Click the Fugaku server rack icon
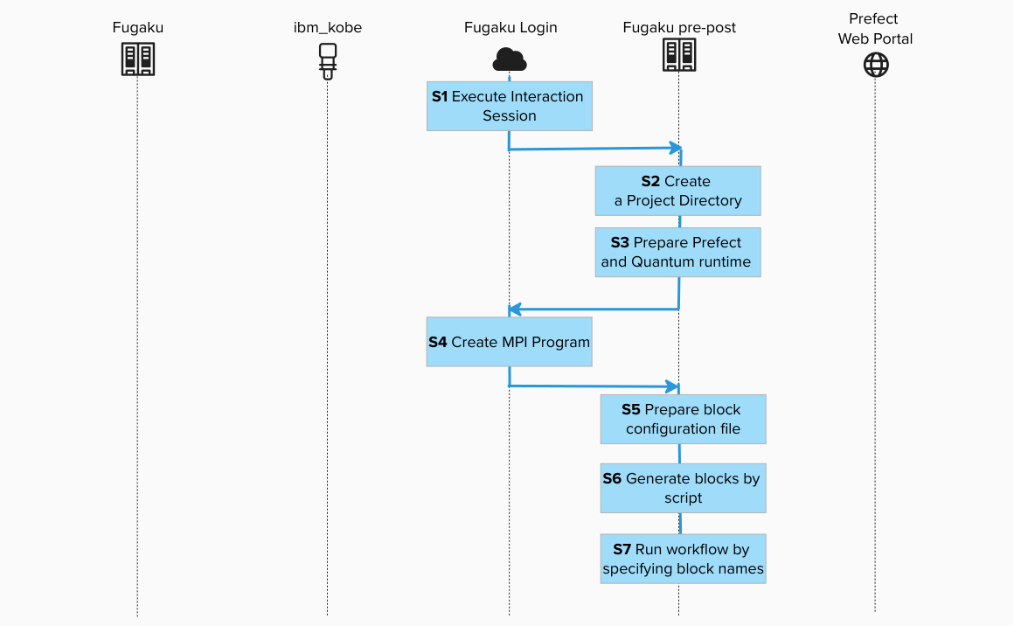click(137, 59)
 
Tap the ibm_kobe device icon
click(328, 60)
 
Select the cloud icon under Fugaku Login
click(510, 59)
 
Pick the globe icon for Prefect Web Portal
click(876, 65)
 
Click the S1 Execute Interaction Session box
click(510, 106)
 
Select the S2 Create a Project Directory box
click(677, 191)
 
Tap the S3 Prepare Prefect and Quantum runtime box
click(677, 252)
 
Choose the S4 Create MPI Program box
click(509, 342)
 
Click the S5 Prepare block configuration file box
click(683, 419)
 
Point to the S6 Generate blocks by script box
click(683, 488)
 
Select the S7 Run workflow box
click(683, 560)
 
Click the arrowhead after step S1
click(675, 147)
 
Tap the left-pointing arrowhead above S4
click(516, 309)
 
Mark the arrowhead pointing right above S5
click(673, 386)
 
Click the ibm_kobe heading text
click(328, 28)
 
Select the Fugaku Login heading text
click(510, 28)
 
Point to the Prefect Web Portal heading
click(875, 29)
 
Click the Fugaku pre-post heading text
click(679, 28)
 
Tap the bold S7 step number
click(622, 550)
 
